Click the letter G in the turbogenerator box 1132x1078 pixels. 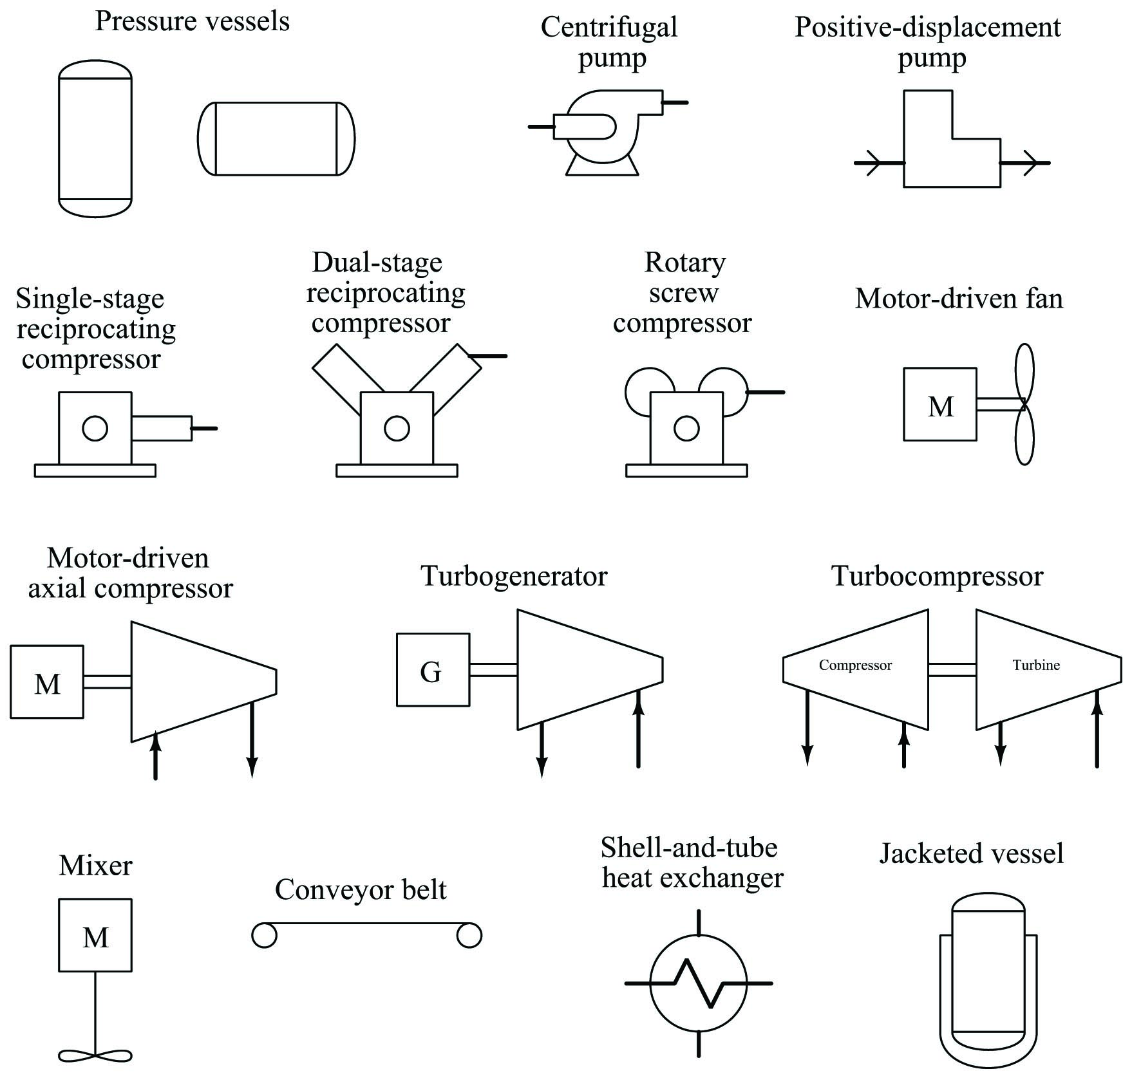431,672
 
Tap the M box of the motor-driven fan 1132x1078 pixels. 940,405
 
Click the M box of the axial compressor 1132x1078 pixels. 47,682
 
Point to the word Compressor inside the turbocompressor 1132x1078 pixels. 855,665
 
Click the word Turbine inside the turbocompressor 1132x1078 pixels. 1036,665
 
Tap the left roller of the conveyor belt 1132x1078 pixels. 264,936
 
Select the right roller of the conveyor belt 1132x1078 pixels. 469,936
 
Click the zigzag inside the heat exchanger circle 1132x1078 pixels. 699,983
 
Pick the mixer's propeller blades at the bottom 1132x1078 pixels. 95,1056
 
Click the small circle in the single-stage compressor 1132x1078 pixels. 95,428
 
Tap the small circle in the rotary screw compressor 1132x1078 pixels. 686,428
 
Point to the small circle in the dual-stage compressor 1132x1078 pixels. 397,428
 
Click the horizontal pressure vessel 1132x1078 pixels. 276,138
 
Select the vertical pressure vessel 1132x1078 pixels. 95,138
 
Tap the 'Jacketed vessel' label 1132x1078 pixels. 971,854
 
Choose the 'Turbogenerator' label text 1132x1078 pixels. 514,576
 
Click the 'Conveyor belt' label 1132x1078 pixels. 361,889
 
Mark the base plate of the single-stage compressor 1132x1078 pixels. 95,470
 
